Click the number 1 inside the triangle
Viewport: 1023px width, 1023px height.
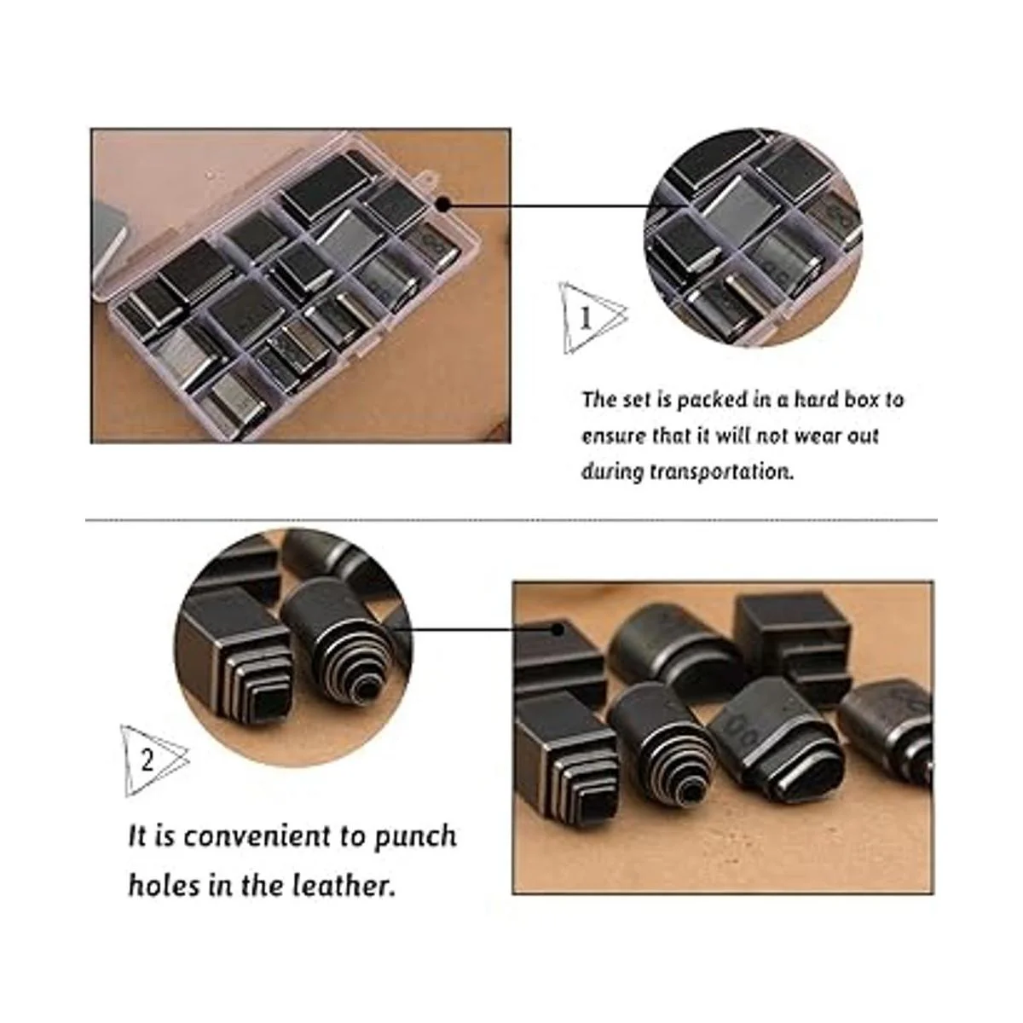tap(586, 319)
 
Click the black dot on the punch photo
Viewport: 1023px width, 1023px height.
tap(557, 630)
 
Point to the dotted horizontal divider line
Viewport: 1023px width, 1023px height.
tap(511, 520)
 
